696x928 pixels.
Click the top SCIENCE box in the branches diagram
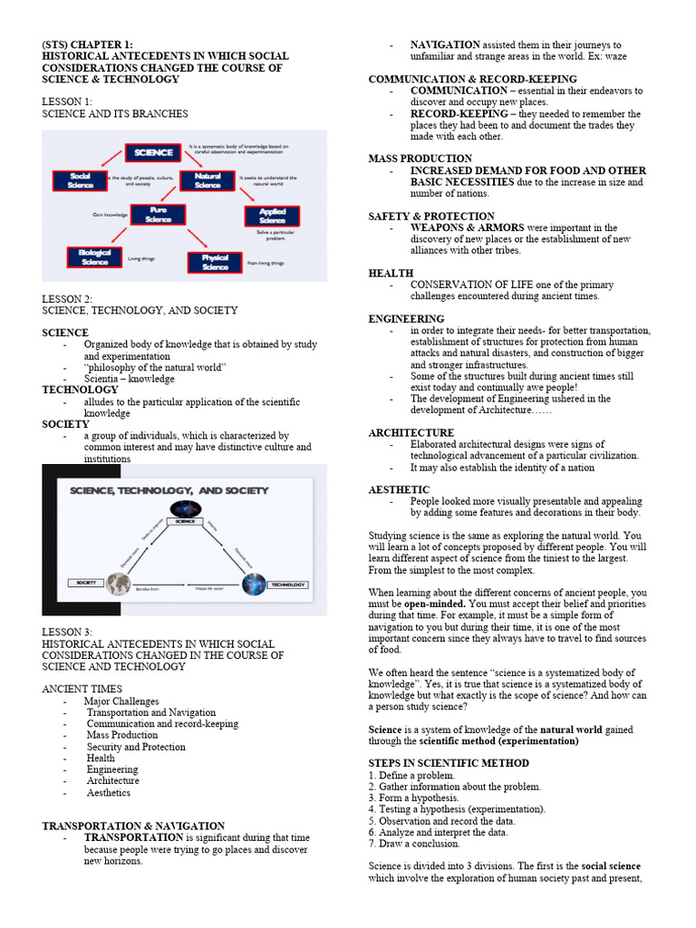[153, 152]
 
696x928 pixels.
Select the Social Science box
[79, 180]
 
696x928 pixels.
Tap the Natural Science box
[208, 180]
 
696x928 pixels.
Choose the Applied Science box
[272, 216]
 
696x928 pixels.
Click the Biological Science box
[94, 256]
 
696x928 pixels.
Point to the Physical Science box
[215, 263]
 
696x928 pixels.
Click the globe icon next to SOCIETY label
[116, 585]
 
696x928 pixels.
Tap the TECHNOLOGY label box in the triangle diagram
[286, 585]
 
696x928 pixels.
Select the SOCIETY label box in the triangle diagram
[85, 582]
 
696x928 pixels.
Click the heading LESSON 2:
[67, 298]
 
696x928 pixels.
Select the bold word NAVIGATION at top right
[445, 44]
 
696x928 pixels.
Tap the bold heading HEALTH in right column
[391, 273]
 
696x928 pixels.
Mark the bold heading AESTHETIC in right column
[399, 489]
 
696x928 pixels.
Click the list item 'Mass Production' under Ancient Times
[122, 735]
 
